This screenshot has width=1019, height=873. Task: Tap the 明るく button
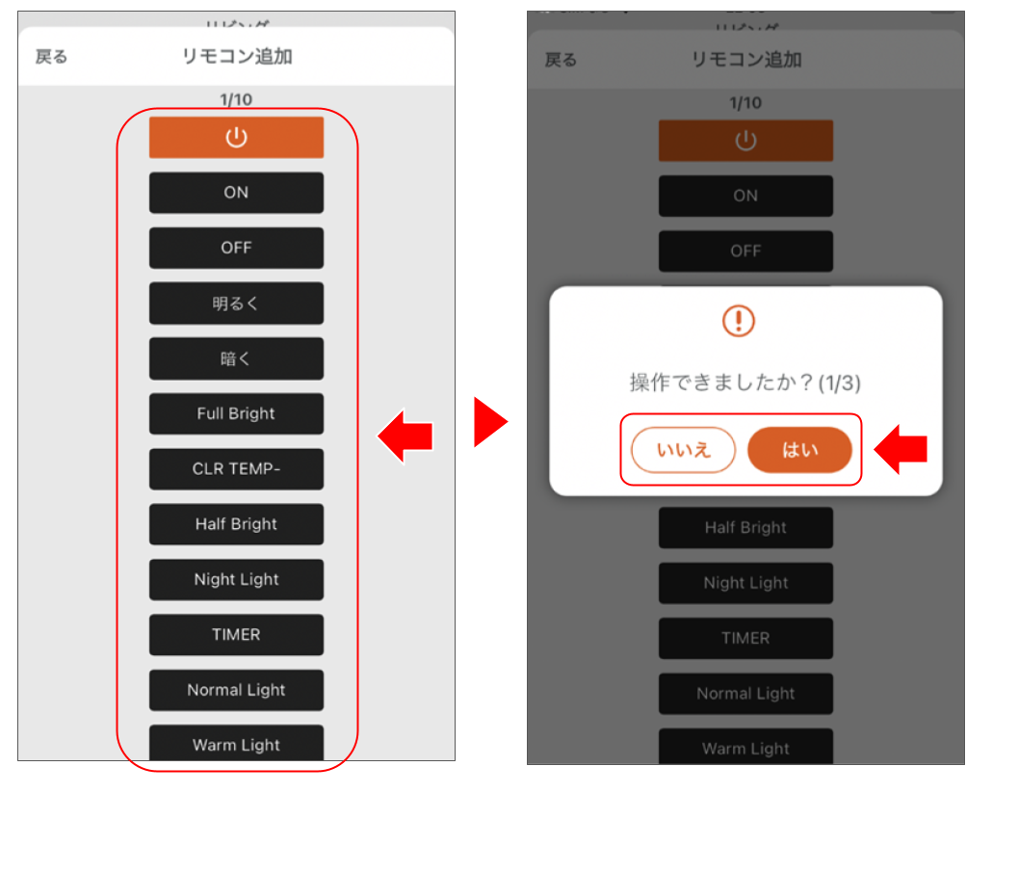click(236, 304)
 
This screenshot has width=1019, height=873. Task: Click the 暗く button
click(236, 358)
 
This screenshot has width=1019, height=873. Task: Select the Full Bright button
click(236, 413)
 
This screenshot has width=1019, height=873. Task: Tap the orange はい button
click(799, 450)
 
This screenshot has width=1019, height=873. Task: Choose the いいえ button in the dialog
click(683, 450)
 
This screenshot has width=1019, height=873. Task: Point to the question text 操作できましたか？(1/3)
click(745, 383)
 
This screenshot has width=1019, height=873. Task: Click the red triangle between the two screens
click(489, 422)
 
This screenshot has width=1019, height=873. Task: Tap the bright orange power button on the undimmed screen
click(236, 138)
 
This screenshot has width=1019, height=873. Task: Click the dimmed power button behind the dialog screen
click(745, 141)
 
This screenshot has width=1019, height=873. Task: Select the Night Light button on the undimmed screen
click(236, 579)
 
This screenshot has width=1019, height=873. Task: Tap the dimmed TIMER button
click(745, 638)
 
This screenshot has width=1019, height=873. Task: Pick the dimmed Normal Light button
click(745, 693)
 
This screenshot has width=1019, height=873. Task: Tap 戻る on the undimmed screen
click(52, 57)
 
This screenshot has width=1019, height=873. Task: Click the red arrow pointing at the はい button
click(900, 449)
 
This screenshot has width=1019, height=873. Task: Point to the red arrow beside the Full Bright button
click(405, 436)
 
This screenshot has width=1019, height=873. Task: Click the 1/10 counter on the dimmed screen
click(745, 103)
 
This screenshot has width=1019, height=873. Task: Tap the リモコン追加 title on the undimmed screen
click(236, 57)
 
